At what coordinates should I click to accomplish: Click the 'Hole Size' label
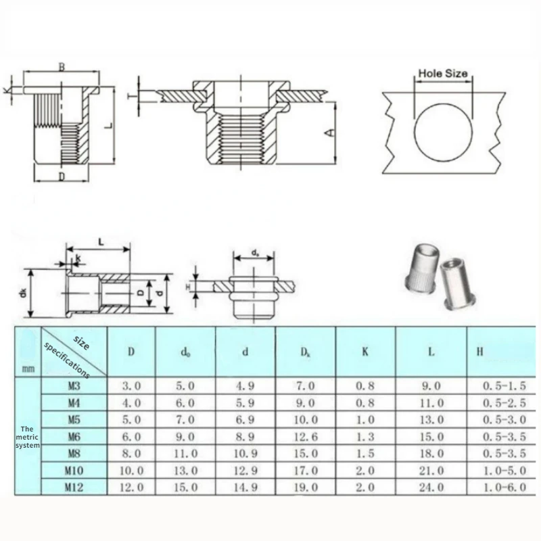point(443,73)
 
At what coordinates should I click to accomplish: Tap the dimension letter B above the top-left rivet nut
point(62,67)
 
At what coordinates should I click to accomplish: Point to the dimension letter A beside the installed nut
point(330,133)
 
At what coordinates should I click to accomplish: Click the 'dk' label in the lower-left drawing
point(23,293)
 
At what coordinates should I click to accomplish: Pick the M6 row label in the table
point(74,437)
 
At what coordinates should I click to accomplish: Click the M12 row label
point(74,487)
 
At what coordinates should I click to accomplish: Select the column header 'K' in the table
point(365,352)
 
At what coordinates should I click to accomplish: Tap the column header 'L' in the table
point(431,352)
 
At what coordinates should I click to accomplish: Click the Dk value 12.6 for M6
point(306,437)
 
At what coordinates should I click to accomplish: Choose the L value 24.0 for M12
point(431,487)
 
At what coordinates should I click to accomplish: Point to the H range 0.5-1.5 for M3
point(504,385)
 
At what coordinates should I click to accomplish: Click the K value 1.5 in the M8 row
point(365,453)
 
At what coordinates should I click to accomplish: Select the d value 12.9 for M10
point(245,470)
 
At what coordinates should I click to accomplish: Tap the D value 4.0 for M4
point(131,403)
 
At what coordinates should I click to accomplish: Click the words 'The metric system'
point(27,437)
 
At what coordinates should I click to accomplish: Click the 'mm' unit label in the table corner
point(28,369)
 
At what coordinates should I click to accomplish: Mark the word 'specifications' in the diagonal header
point(66,360)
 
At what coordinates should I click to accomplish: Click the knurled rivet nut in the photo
point(421,268)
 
